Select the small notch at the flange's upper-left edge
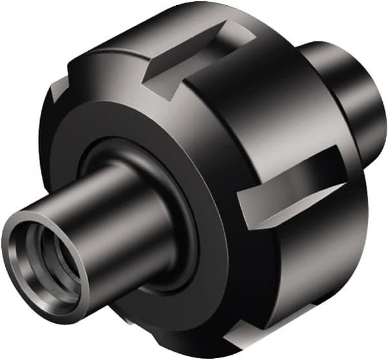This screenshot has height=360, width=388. point(61,97)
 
